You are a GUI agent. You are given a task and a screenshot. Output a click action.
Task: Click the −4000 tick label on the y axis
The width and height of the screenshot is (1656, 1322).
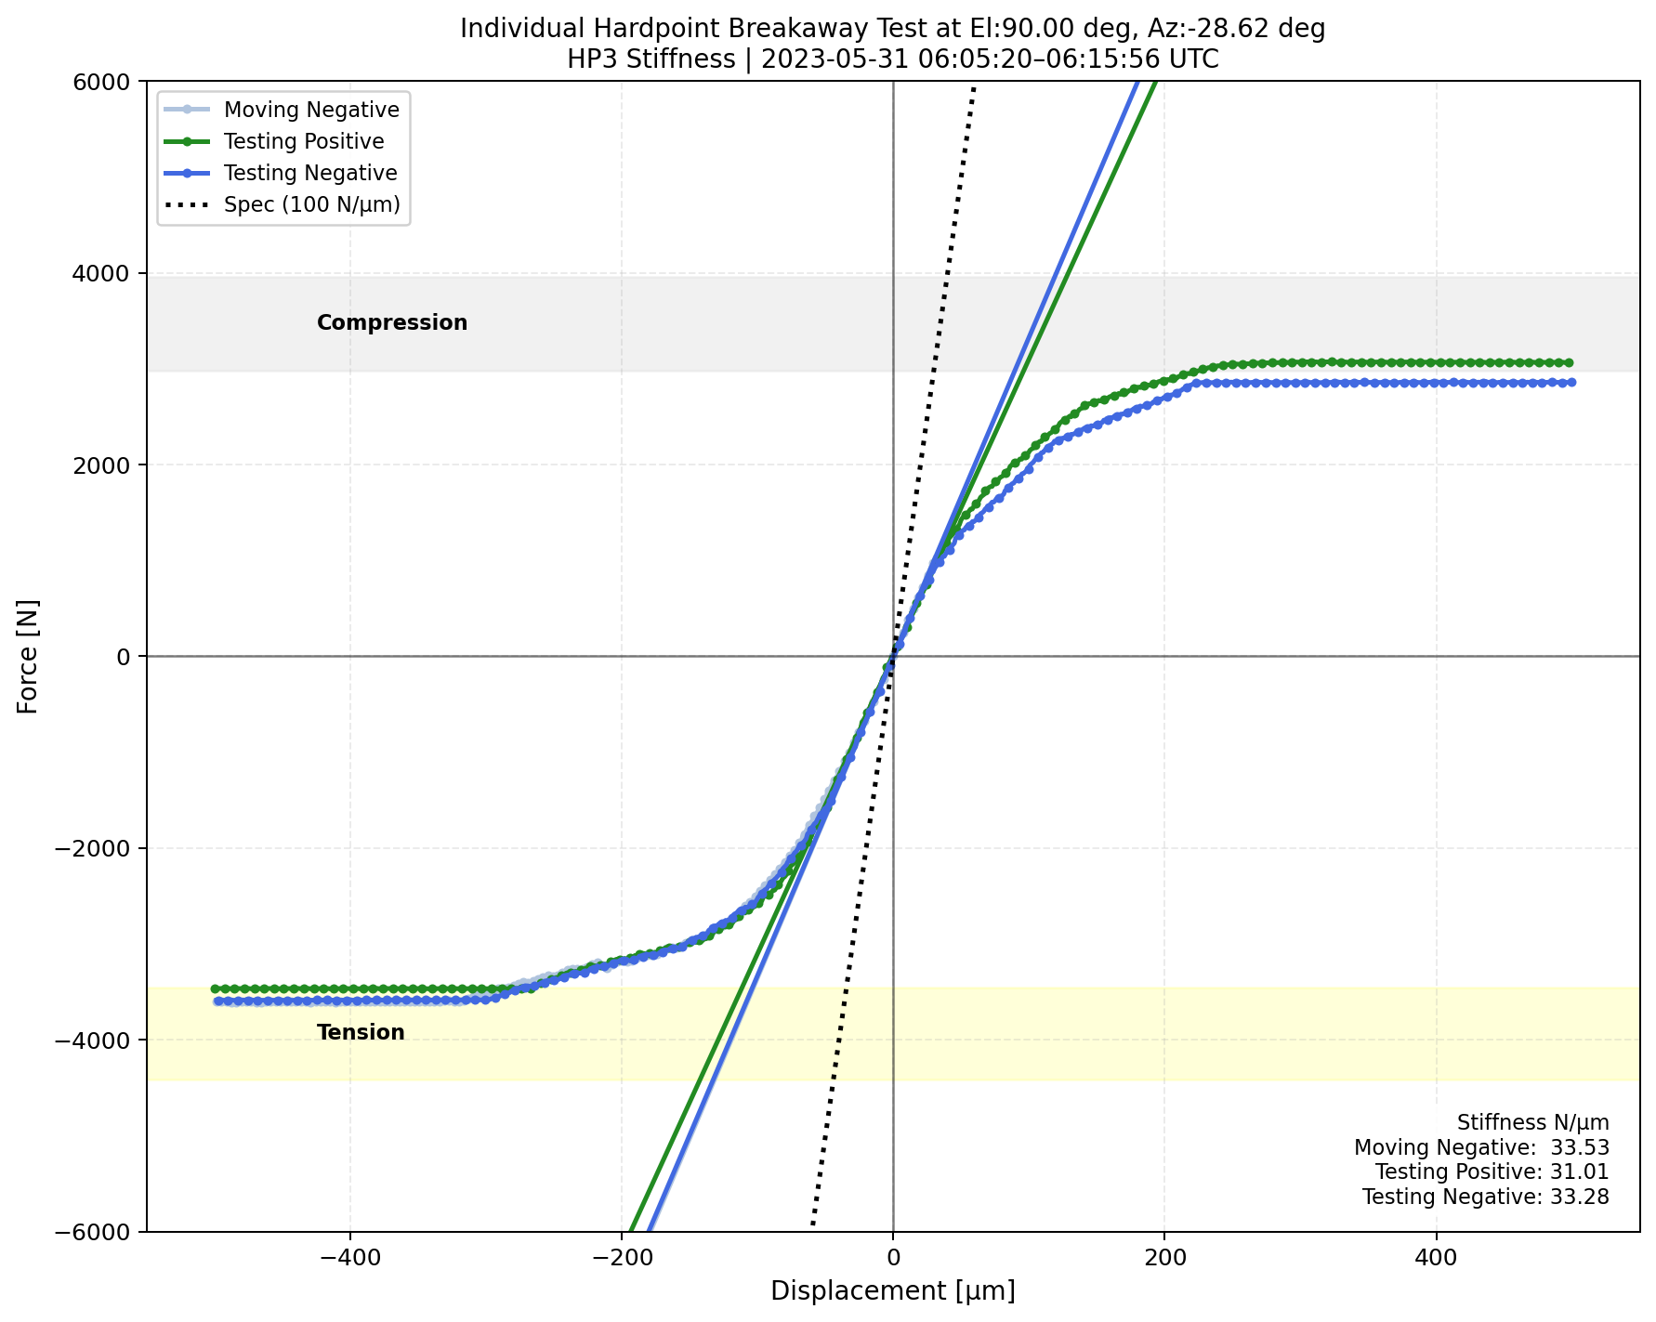click(x=98, y=1040)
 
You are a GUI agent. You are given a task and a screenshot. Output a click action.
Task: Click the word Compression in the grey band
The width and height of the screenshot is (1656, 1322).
click(x=392, y=323)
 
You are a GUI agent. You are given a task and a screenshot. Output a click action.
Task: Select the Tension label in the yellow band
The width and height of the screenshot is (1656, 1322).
click(x=361, y=1032)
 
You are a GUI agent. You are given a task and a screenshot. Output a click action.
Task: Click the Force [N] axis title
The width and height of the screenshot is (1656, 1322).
click(x=29, y=656)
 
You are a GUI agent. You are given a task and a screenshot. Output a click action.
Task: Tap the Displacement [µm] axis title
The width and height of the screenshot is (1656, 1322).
click(x=893, y=1291)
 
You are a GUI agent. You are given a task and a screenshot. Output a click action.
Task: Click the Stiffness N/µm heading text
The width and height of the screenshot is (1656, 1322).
click(x=1533, y=1122)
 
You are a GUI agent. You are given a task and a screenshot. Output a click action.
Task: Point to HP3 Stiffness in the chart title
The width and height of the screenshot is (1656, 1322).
click(x=651, y=59)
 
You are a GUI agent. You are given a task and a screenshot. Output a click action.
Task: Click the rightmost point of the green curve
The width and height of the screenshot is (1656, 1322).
click(x=1570, y=362)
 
